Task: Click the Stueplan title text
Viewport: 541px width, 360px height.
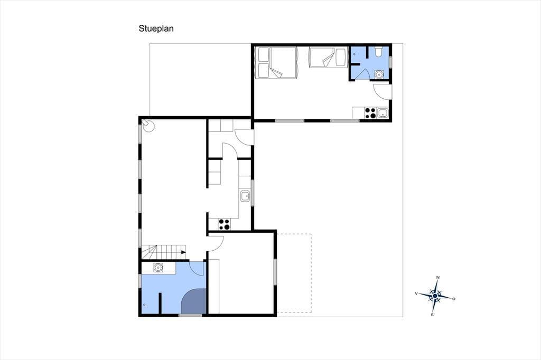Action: click(156, 29)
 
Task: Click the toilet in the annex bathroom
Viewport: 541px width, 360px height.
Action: click(378, 51)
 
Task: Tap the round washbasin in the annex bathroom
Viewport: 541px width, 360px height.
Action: click(379, 74)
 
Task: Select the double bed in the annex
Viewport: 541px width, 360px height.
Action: click(276, 62)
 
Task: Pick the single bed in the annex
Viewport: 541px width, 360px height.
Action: click(328, 57)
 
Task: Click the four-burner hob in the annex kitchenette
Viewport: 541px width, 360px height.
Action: click(370, 113)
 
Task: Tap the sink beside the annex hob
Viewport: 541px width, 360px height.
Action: click(383, 113)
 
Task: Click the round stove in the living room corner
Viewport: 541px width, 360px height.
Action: click(148, 126)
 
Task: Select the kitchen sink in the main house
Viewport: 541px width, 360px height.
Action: click(245, 196)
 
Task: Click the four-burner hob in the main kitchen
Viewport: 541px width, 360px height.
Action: click(224, 224)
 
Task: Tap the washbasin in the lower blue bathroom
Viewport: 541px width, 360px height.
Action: click(158, 268)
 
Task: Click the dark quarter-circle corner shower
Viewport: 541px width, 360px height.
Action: click(194, 301)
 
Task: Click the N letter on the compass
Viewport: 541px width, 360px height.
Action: click(438, 277)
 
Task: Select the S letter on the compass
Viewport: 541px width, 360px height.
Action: click(432, 315)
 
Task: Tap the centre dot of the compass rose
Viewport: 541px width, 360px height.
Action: click(435, 296)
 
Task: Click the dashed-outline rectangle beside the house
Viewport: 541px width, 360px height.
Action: click(294, 273)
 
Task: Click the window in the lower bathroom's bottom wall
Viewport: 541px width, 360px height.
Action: click(190, 315)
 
